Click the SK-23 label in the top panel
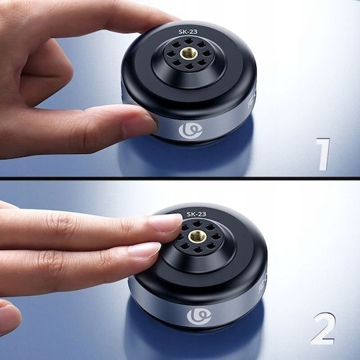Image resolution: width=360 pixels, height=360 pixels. tap(188, 32)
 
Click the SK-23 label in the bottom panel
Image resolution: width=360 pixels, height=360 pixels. tap(196, 214)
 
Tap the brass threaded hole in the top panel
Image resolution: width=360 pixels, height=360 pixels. tap(189, 53)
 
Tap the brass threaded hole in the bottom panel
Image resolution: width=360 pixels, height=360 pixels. tap(197, 237)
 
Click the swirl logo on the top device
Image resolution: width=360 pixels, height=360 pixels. tap(191, 131)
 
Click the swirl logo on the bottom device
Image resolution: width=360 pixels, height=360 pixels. tap(199, 317)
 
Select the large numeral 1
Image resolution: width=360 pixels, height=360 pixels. tap(323, 154)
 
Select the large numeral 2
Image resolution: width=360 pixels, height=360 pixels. tap(323, 328)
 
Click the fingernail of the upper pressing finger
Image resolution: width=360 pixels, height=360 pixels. tap(165, 222)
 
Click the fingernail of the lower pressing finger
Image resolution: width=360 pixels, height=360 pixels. tap(145, 250)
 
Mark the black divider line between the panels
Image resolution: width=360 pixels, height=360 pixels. tap(180, 178)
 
